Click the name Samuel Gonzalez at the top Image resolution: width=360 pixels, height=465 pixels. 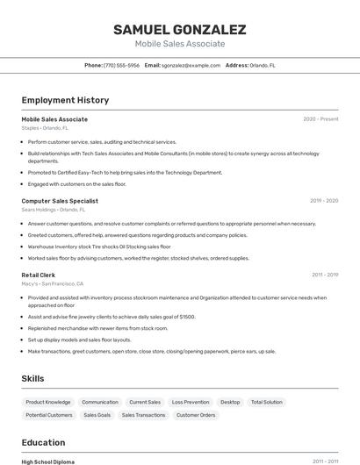click(x=179, y=30)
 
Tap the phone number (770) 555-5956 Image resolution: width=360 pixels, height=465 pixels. click(x=121, y=65)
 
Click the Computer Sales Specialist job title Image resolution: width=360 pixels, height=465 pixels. click(x=60, y=201)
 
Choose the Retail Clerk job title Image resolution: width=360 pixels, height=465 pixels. click(x=39, y=275)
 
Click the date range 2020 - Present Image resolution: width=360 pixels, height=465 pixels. click(x=320, y=119)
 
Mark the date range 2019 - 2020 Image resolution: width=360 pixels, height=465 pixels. click(x=324, y=201)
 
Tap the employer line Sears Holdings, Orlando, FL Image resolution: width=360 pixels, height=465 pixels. click(x=54, y=210)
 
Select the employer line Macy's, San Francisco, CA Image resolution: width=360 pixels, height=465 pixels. click(x=53, y=283)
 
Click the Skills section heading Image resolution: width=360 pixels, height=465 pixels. click(x=33, y=378)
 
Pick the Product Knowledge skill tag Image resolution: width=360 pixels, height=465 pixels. click(x=48, y=402)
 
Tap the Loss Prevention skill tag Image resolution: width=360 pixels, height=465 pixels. click(x=191, y=402)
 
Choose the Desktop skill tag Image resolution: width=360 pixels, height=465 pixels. click(x=230, y=402)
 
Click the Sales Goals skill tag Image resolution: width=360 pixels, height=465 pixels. click(x=97, y=415)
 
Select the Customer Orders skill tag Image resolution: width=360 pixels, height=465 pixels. click(x=196, y=415)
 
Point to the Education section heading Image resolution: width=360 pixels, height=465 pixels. click(x=43, y=442)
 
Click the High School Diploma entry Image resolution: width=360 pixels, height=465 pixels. click(x=48, y=461)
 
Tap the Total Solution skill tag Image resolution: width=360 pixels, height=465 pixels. click(x=267, y=402)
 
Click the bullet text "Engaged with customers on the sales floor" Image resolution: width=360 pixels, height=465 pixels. click(x=77, y=184)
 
